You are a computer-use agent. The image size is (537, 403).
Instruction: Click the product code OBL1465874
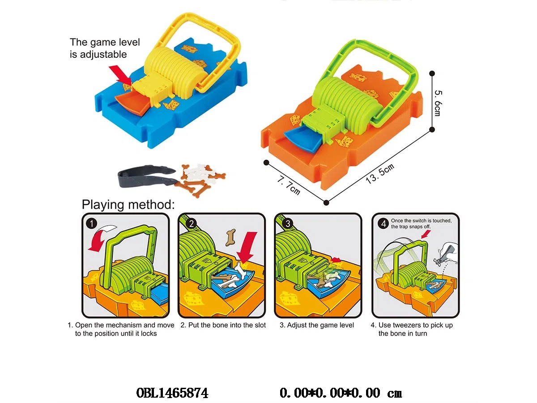172,393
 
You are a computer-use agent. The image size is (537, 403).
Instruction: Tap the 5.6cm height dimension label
438,103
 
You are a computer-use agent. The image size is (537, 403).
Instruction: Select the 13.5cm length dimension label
379,173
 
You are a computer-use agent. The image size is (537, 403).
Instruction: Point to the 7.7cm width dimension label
289,185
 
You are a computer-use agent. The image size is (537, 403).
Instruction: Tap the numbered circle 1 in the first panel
92,223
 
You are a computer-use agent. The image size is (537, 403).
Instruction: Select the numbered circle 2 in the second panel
192,223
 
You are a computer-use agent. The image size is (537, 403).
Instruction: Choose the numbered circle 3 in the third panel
288,223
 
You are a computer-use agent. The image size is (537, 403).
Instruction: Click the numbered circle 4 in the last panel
384,223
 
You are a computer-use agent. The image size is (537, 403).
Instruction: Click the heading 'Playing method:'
128,205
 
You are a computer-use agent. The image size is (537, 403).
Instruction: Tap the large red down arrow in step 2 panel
247,248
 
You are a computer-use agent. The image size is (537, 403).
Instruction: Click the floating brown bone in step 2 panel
230,237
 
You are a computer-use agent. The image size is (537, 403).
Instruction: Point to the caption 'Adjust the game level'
320,325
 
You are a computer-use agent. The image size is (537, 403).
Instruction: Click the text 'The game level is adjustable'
105,48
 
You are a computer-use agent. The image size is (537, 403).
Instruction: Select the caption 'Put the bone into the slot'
227,325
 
